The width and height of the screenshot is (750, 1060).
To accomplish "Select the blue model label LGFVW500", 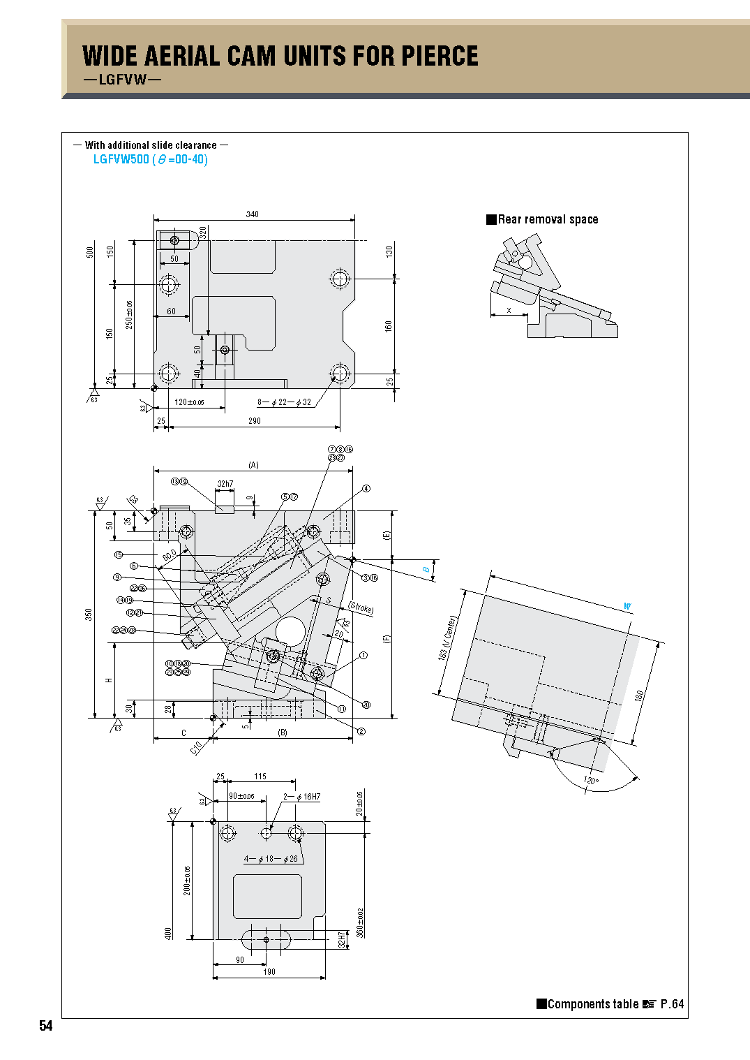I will click(121, 159).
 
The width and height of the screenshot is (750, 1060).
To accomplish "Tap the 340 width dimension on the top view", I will click(253, 214).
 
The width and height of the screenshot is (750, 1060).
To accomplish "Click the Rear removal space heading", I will click(548, 219).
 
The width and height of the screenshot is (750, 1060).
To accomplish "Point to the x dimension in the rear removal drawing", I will click(509, 310).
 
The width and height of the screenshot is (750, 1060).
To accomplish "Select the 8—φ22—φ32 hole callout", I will click(284, 402).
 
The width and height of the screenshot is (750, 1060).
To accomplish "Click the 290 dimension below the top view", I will click(255, 421).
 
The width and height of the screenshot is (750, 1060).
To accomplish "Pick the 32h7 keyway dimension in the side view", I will click(225, 483).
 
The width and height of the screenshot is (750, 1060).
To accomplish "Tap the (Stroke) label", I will click(361, 608).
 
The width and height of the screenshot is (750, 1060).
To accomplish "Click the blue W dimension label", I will click(627, 606).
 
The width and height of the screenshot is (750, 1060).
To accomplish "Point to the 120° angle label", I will click(590, 780).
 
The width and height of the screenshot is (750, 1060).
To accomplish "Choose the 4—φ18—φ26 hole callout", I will click(271, 859).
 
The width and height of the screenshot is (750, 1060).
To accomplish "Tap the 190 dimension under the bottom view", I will click(269, 972).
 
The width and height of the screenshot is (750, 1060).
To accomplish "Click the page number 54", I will click(45, 1025).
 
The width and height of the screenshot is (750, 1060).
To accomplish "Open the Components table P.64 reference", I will click(610, 1004).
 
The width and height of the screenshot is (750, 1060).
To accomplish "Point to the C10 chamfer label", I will click(196, 747).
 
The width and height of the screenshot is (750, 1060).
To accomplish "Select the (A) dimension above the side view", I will click(253, 465).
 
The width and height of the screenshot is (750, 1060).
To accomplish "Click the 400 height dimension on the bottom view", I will click(168, 933).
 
